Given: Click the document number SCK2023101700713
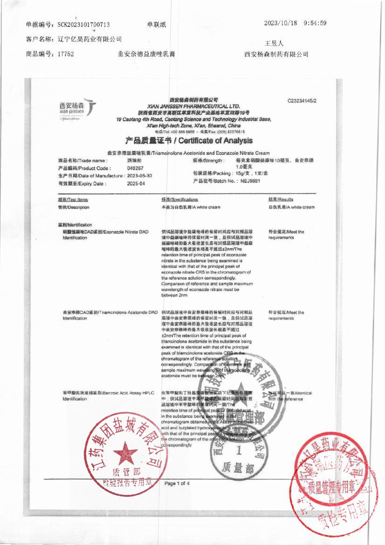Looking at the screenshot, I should pyautogui.click(x=84, y=25).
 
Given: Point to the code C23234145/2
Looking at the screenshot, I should pyautogui.click(x=302, y=100).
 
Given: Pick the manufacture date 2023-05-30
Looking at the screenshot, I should pyautogui.click(x=140, y=176).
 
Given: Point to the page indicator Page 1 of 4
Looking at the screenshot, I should pyautogui.click(x=177, y=483).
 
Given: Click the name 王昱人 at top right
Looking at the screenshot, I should pyautogui.click(x=274, y=43).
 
